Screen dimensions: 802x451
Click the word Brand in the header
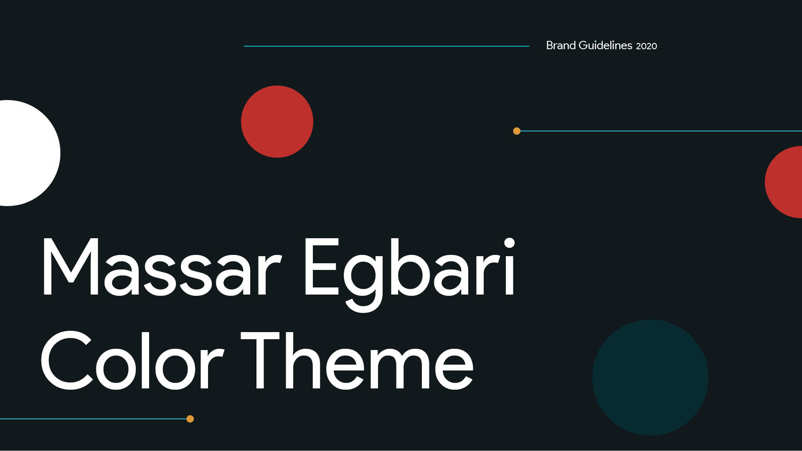point(561,45)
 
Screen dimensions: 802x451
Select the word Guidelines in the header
point(606,45)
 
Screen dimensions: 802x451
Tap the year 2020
point(647,46)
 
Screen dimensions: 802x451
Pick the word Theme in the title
point(358,360)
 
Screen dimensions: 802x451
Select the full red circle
point(277,121)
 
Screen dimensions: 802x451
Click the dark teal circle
point(650,378)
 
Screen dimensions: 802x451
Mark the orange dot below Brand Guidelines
point(517,131)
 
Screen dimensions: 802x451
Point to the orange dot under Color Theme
point(190,419)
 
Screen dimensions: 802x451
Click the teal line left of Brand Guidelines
point(386,46)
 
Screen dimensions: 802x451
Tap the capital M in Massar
point(70,267)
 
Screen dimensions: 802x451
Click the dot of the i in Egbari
point(509,243)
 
